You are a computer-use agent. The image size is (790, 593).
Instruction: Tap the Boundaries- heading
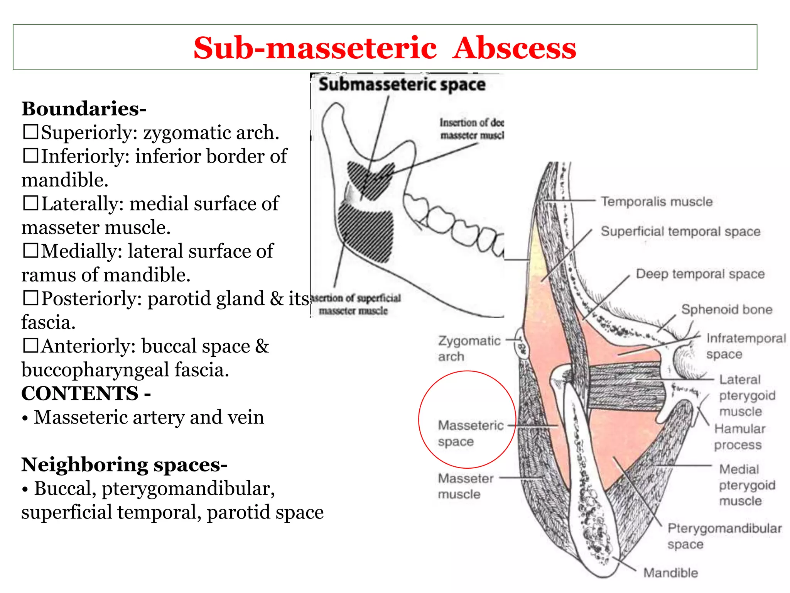click(84, 108)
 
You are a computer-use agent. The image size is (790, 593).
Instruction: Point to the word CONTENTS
click(80, 393)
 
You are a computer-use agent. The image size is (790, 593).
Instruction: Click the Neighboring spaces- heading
click(124, 464)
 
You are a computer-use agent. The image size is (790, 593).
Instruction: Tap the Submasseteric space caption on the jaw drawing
click(402, 85)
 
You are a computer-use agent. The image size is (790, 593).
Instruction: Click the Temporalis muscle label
click(657, 202)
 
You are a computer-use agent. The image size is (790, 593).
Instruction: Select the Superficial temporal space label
click(680, 231)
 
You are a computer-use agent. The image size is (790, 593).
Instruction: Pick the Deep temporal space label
click(700, 274)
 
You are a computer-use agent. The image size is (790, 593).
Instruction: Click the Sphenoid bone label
click(727, 309)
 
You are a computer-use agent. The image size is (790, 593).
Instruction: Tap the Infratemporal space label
click(745, 346)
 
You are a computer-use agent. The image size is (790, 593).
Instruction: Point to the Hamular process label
click(739, 437)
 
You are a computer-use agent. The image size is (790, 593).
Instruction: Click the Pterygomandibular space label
click(724, 536)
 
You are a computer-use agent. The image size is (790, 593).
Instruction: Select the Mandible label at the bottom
click(670, 573)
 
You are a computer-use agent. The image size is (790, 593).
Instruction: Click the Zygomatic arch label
click(469, 348)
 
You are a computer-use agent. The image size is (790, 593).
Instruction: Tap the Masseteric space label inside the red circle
click(471, 433)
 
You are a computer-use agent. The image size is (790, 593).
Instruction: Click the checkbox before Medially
click(30, 251)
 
